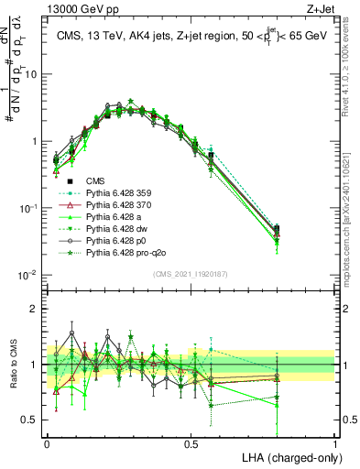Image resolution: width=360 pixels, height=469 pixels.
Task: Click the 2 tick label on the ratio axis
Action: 37,309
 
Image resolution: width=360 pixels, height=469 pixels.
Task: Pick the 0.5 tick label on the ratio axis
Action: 33,420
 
